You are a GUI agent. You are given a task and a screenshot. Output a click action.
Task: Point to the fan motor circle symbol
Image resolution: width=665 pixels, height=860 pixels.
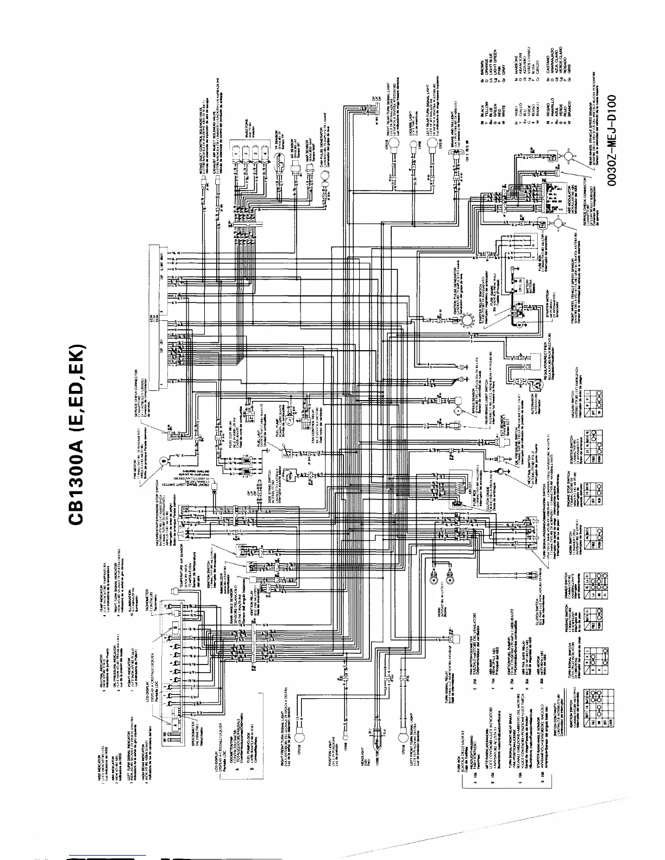[x=162, y=461]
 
